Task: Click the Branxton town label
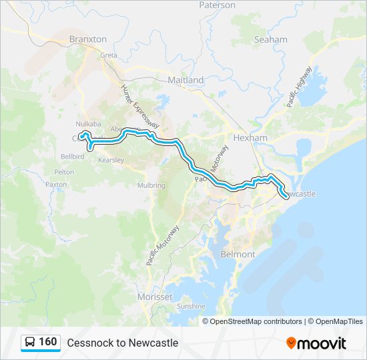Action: pos(87,39)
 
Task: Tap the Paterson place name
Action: pos(217,5)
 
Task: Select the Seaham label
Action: pos(270,39)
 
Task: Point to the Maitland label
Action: pos(186,80)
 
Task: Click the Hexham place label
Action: pos(250,138)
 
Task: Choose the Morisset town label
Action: pos(154,297)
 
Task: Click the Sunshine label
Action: pos(191,306)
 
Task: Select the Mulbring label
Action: pos(151,185)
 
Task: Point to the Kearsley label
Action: pos(111,160)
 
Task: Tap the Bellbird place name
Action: pos(72,156)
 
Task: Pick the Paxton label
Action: pos(56,184)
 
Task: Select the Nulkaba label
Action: pos(87,124)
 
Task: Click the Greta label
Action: pos(108,55)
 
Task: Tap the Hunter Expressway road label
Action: pos(139,105)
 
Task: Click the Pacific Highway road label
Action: pos(300,87)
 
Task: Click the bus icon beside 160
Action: pos(30,342)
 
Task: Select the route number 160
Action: pos(47,342)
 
